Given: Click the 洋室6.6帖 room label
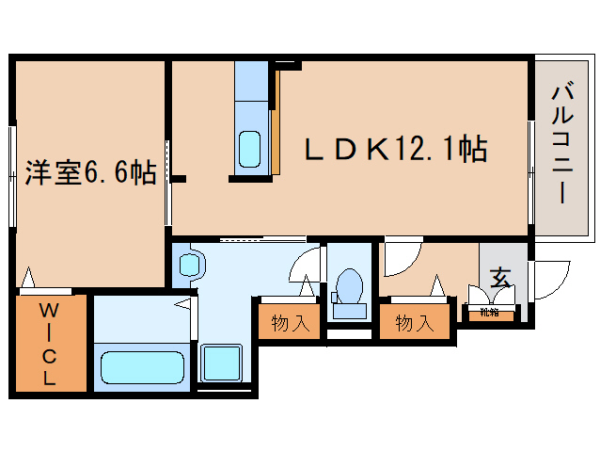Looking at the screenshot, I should (90, 173).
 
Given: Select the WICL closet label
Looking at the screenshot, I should (49, 345).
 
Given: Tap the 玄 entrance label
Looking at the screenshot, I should (501, 278).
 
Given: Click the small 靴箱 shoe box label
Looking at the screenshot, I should (490, 312).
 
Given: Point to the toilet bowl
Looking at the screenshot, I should (350, 283).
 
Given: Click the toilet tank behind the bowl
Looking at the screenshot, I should (350, 309).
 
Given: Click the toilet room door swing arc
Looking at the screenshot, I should (308, 268).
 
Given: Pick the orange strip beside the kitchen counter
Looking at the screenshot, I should (276, 122).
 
